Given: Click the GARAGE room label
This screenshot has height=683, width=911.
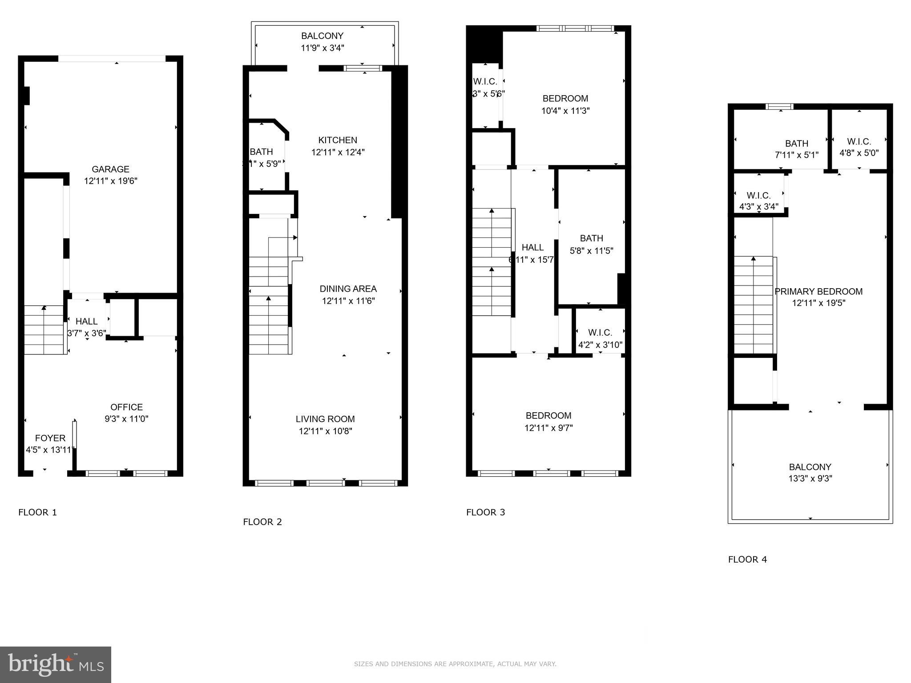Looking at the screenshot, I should click(x=110, y=169).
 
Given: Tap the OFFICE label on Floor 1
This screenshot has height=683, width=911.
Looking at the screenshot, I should click(x=127, y=407).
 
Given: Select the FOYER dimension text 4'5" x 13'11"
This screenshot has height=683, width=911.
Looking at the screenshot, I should click(x=50, y=450).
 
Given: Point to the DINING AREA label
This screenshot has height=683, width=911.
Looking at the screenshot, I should click(x=348, y=289).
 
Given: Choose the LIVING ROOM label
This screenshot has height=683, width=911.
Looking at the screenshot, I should click(x=325, y=419).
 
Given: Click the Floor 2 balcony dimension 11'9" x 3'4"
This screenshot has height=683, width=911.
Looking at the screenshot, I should click(x=322, y=48).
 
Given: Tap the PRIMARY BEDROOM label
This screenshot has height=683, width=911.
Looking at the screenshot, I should click(x=818, y=292).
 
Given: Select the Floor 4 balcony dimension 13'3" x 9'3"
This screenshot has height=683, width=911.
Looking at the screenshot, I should click(x=810, y=479).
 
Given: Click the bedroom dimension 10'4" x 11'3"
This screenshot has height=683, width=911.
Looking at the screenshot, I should click(x=565, y=111).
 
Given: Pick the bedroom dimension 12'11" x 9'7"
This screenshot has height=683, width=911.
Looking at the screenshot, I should click(x=548, y=428).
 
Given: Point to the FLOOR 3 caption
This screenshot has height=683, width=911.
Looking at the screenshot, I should click(x=485, y=512).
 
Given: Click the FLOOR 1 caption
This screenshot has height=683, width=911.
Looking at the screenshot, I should click(x=37, y=512).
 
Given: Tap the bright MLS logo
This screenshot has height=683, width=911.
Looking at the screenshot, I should click(x=56, y=665).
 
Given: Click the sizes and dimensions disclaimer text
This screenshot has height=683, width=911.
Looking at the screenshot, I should click(x=455, y=664).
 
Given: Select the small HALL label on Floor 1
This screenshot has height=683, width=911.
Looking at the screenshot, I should click(x=86, y=321).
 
